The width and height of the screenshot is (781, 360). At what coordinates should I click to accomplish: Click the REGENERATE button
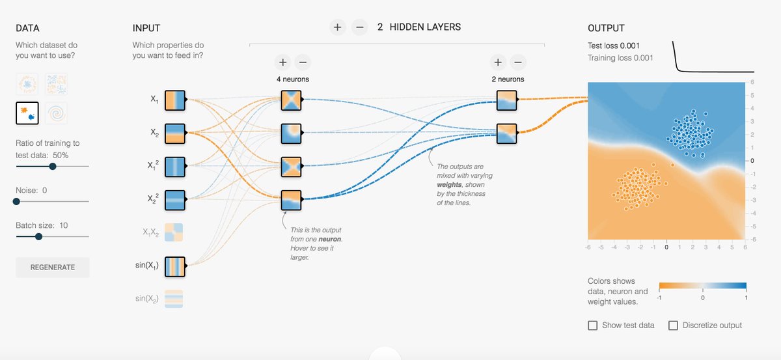pos(53,267)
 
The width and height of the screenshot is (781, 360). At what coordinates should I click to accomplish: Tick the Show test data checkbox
pos(593,325)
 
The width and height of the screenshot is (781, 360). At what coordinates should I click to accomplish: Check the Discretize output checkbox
pos(673,325)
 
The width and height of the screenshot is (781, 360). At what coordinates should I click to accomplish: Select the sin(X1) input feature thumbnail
pos(175,266)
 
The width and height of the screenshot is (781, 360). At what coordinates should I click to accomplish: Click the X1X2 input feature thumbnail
pos(175,232)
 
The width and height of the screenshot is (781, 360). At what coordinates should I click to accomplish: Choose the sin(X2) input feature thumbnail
pos(175,299)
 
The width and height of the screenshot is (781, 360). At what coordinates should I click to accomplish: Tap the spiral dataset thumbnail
pos(57,113)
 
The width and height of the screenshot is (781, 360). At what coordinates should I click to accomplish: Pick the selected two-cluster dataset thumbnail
pos(27,113)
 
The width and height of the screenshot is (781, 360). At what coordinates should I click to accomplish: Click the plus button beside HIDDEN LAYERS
pos(337,27)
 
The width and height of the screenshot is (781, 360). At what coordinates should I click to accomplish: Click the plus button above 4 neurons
pos(282,62)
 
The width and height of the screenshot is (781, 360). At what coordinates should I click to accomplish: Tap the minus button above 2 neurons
pos(517,62)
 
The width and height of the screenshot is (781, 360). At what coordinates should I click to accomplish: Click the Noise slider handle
pos(16,202)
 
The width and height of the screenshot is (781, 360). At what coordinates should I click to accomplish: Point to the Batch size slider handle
pos(38,236)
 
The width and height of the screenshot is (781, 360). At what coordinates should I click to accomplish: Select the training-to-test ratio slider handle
pos(53,166)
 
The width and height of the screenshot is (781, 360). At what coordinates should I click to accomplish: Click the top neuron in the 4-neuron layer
pos(291,100)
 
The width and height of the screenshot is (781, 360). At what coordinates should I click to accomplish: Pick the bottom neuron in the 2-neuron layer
pos(506,133)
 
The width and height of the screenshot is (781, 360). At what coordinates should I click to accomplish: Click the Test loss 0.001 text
pos(614,46)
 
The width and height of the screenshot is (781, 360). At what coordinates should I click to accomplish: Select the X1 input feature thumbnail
pos(175,100)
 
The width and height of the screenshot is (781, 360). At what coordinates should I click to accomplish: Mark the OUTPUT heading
pos(605,28)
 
